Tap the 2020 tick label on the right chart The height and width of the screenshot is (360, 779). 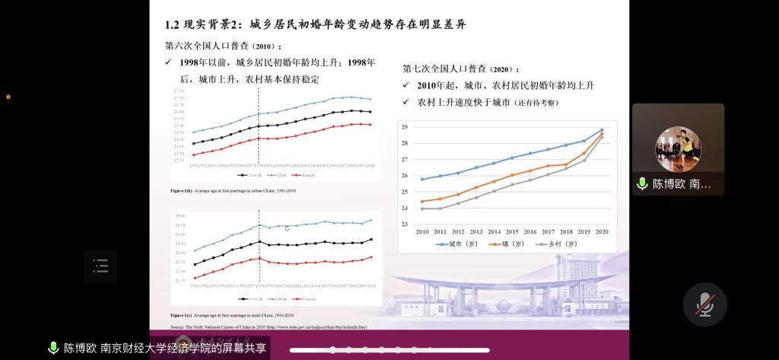click(x=601, y=231)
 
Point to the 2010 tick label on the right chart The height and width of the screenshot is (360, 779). click(x=422, y=231)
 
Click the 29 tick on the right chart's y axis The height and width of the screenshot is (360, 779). click(x=405, y=127)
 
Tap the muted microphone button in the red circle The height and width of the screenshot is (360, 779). click(x=705, y=304)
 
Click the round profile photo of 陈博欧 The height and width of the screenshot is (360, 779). click(x=678, y=149)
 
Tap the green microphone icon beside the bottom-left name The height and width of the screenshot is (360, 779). click(x=53, y=348)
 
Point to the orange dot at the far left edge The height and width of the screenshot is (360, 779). click(x=8, y=97)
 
